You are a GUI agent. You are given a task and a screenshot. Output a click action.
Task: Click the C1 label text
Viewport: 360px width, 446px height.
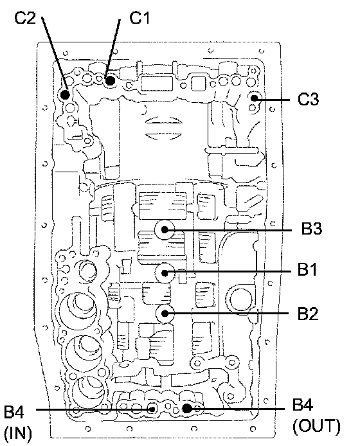pos(139,17)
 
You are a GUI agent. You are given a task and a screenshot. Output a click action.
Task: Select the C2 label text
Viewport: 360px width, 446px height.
pos(25,18)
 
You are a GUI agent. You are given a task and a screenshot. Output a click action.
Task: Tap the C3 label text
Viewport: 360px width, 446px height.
pos(308,99)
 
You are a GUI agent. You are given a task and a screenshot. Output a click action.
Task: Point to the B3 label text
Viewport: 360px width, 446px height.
pos(312,229)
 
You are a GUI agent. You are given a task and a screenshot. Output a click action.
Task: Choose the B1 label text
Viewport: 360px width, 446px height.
pos(307,269)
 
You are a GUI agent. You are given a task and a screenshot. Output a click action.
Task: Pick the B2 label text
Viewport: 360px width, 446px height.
pos(308,314)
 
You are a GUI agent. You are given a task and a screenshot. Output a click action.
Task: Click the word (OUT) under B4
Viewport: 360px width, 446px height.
pos(316,427)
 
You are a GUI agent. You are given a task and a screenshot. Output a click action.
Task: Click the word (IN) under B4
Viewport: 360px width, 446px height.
pos(18,433)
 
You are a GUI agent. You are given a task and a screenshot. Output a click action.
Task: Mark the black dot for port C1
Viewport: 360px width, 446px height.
pos(110,81)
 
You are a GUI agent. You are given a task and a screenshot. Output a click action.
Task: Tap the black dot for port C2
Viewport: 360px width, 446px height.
pos(65,94)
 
